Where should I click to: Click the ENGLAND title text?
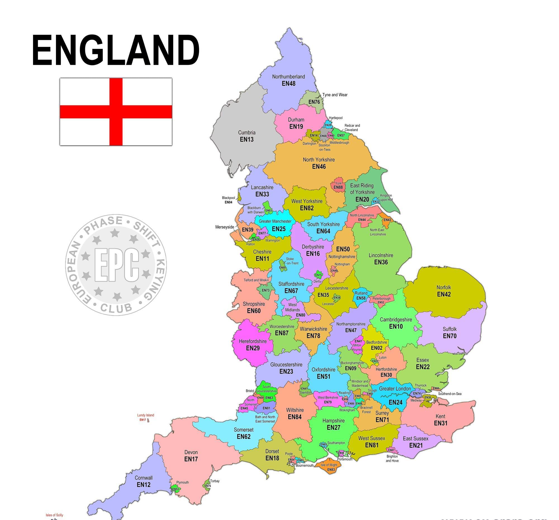point(116,51)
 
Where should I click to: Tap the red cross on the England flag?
point(116,112)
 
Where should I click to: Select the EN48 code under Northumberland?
point(288,84)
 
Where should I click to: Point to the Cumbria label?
point(247,133)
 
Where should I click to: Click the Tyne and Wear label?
point(335,95)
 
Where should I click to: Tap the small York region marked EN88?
point(338,186)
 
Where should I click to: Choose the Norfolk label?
point(444,287)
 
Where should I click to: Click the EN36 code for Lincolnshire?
point(381,262)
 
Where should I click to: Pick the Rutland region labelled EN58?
point(361,296)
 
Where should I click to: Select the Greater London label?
point(395,389)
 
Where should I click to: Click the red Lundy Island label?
point(145,415)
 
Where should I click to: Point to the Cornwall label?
point(143,478)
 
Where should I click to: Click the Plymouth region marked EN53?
point(176,489)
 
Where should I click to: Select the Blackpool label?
point(228,198)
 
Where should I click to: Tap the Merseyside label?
point(224,227)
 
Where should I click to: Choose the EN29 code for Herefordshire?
point(253,348)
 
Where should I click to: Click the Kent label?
point(440,416)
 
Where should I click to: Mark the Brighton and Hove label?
point(392,458)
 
